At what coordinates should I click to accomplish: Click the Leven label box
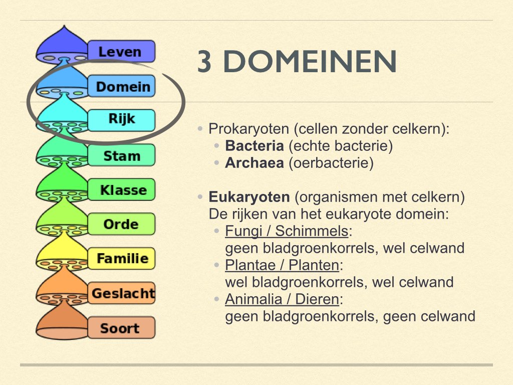pyautogui.click(x=121, y=51)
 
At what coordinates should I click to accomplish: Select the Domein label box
pyautogui.click(x=122, y=86)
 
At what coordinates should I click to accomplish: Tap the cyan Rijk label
pyautogui.click(x=122, y=120)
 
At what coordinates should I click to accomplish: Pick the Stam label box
pyautogui.click(x=122, y=155)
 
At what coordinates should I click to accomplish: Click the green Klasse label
pyautogui.click(x=122, y=189)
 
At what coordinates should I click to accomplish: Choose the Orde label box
pyautogui.click(x=122, y=224)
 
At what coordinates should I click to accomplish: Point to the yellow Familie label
pyautogui.click(x=122, y=258)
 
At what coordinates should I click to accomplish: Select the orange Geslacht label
pyautogui.click(x=122, y=293)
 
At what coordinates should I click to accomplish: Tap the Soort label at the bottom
pyautogui.click(x=120, y=328)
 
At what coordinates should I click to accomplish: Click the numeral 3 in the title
pyautogui.click(x=204, y=63)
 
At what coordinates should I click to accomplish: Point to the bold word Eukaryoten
pyautogui.click(x=249, y=197)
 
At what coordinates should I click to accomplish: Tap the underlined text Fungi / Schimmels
pyautogui.click(x=287, y=231)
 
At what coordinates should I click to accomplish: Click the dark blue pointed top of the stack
pyautogui.click(x=63, y=38)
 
